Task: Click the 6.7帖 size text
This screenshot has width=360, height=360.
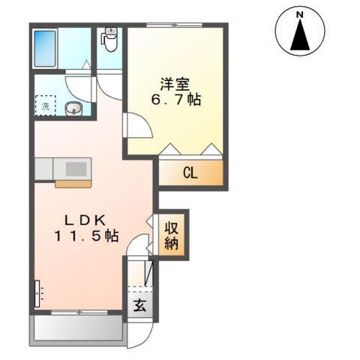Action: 175,100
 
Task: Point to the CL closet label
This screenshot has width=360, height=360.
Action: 190,173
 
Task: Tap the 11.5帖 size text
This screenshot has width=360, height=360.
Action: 85,235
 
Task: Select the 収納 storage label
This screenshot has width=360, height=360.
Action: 172,235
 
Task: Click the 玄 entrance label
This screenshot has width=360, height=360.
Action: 139,305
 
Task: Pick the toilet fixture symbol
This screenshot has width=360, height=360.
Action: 111,39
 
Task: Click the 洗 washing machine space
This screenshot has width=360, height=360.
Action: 45,106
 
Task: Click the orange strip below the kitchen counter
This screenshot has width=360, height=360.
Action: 73,182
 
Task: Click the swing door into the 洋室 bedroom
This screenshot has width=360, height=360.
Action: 136,124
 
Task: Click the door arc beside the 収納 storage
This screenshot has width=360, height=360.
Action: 151,234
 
